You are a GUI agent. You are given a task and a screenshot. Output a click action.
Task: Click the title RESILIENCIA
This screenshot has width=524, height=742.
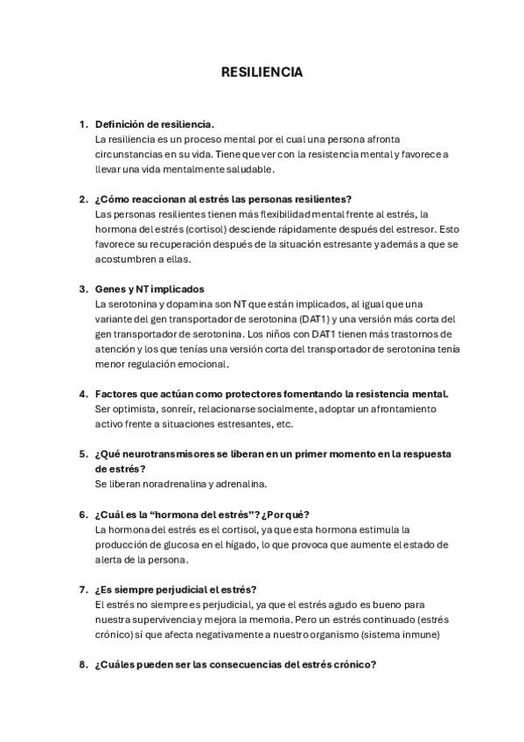(262, 72)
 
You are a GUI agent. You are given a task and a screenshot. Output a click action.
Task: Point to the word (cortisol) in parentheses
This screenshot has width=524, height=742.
(179, 229)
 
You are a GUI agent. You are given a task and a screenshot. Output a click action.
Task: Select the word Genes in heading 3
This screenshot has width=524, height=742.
(109, 289)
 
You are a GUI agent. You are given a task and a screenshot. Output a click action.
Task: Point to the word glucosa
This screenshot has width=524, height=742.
(182, 544)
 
